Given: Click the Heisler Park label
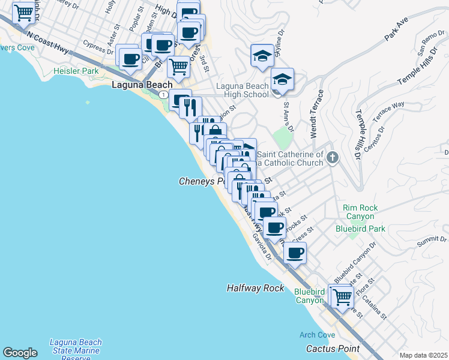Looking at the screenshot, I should [x=76, y=71].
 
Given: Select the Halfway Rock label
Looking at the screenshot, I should [x=255, y=288].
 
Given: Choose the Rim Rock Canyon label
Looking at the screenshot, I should [x=361, y=212].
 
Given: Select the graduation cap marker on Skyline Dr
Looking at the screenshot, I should [x=262, y=56].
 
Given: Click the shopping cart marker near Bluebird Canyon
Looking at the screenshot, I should [x=342, y=296].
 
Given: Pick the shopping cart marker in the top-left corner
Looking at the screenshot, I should [x=23, y=12].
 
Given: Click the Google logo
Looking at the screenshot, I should [x=20, y=353].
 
